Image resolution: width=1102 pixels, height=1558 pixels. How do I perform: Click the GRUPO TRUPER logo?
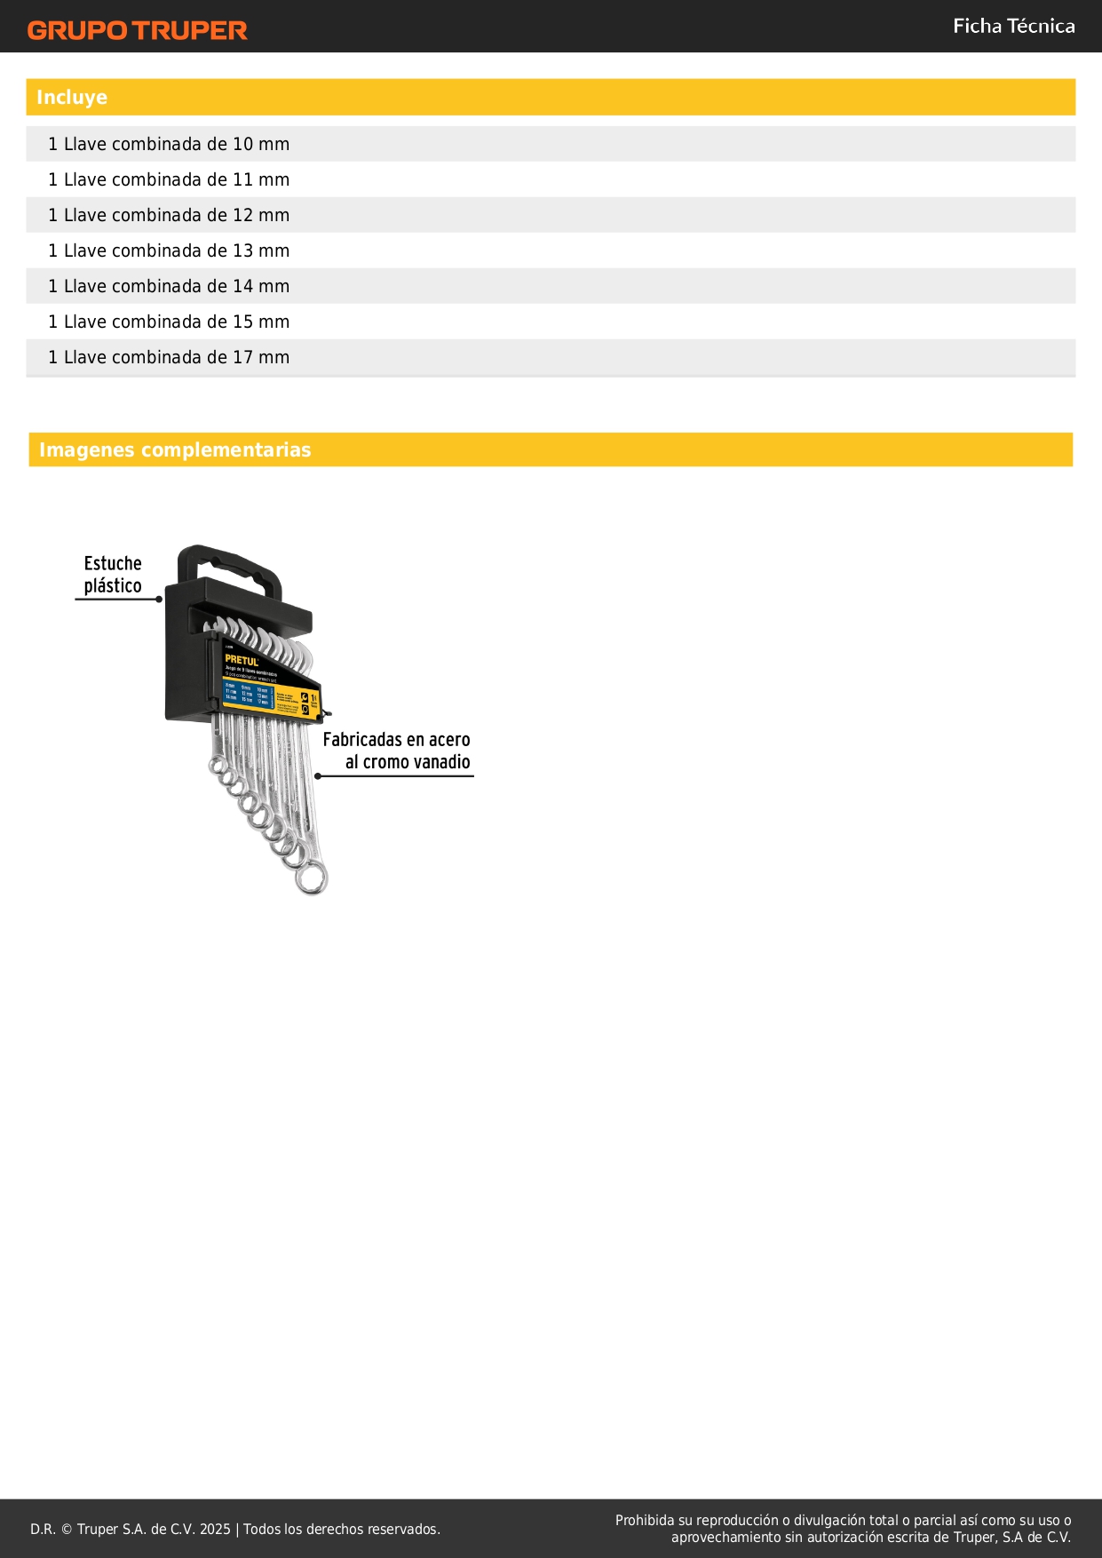pyautogui.click(x=137, y=30)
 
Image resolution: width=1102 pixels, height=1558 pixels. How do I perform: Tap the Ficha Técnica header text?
pyautogui.click(x=1013, y=27)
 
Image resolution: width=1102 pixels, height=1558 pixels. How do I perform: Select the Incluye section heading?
pyautogui.click(x=72, y=98)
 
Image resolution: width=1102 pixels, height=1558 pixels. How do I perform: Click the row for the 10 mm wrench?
pyautogui.click(x=169, y=144)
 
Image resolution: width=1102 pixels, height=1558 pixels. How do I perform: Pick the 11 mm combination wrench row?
pyautogui.click(x=169, y=179)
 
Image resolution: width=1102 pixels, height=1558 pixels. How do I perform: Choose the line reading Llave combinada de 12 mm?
pyautogui.click(x=169, y=215)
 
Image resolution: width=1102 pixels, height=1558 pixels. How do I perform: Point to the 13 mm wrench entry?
pyautogui.click(x=169, y=250)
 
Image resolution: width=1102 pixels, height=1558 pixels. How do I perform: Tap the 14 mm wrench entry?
pyautogui.click(x=169, y=286)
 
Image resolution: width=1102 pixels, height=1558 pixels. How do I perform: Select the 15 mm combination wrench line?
pyautogui.click(x=169, y=322)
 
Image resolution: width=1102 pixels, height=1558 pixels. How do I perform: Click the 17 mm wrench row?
pyautogui.click(x=169, y=357)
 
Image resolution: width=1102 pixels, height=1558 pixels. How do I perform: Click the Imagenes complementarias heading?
pyautogui.click(x=175, y=450)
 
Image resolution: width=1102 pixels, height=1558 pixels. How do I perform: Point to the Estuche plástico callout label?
pyautogui.click(x=113, y=575)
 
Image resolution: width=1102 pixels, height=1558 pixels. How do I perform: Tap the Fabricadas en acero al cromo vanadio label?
pyautogui.click(x=396, y=751)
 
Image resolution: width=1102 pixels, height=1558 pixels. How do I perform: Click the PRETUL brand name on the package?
pyautogui.click(x=242, y=661)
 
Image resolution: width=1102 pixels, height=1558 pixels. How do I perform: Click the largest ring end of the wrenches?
pyautogui.click(x=312, y=878)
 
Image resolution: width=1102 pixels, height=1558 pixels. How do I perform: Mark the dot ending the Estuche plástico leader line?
pyautogui.click(x=159, y=600)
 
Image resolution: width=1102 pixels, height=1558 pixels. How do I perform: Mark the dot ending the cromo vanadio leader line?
pyautogui.click(x=318, y=776)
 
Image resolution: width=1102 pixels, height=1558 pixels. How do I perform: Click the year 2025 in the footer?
pyautogui.click(x=215, y=1529)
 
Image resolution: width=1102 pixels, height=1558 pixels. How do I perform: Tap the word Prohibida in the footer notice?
pyautogui.click(x=645, y=1520)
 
